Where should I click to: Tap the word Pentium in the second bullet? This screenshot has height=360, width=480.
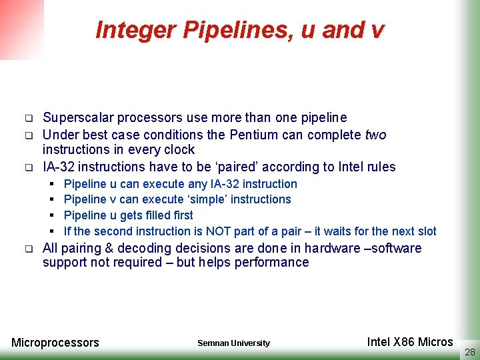coord(254,135)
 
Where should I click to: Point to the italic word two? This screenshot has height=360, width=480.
coord(376,135)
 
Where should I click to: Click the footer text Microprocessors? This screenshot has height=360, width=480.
coord(55,343)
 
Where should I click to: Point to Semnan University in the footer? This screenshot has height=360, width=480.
coord(234,343)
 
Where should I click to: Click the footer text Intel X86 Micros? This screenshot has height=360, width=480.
coord(410,341)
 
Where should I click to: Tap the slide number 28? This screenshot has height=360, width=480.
coord(470,352)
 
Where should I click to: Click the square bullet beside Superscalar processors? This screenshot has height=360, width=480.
coord(29,118)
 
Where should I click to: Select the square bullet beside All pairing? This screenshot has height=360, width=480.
coord(29,249)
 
